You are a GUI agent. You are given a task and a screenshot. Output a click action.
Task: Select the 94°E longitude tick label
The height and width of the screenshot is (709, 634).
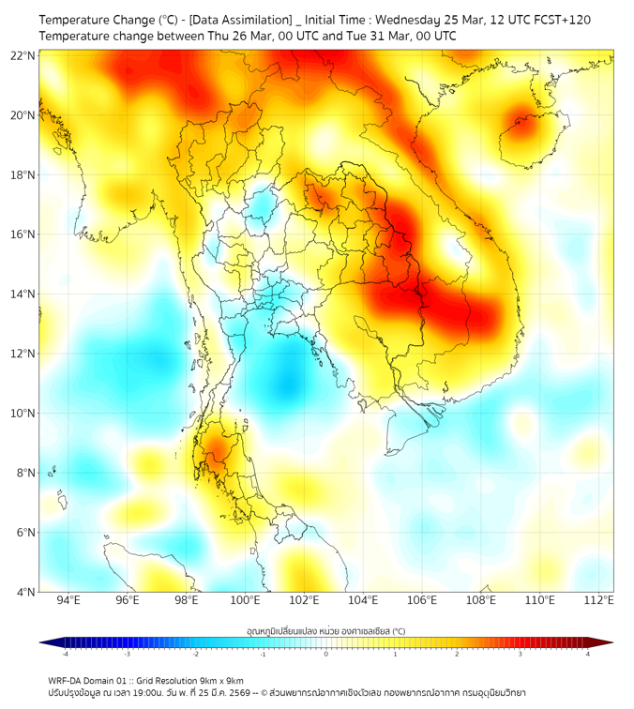68,601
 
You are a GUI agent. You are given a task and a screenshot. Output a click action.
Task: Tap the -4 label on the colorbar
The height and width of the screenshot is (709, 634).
64,654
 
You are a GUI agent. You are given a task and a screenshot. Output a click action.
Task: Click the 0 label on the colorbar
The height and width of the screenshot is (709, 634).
326,654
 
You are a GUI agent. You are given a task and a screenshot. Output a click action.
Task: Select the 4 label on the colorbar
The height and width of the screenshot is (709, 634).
588,654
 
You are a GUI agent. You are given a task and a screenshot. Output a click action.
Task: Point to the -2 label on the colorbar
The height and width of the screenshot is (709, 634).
194,654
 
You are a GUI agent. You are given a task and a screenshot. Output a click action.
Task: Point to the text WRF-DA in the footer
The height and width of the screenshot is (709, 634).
67,680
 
